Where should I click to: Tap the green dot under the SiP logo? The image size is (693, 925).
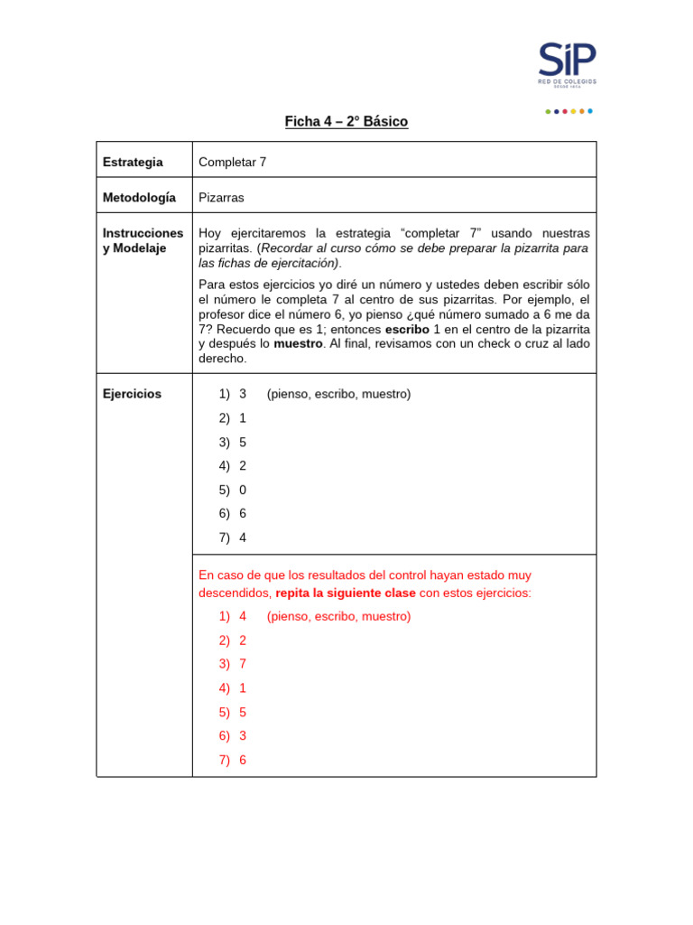pos(548,111)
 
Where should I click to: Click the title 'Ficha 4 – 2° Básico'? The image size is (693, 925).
pos(346,122)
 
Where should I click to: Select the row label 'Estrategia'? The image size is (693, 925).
pos(133,163)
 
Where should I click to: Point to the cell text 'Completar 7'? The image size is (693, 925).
pos(232,163)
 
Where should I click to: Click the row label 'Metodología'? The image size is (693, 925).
pos(139,197)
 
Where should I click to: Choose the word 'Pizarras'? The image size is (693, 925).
pos(221,197)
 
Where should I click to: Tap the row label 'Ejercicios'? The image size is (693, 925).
pos(132,394)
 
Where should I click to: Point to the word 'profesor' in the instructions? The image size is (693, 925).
pos(223,314)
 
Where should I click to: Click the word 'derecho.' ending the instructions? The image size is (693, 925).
pos(222,359)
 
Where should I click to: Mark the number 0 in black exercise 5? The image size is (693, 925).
pos(243,490)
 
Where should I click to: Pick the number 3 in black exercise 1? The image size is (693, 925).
pos(243,394)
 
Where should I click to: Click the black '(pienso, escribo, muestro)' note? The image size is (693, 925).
pos(338,394)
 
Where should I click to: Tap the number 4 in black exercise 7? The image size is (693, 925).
pos(243,537)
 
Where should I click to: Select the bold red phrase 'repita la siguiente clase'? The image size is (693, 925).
pos(346,593)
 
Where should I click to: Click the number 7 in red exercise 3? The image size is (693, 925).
pos(243,664)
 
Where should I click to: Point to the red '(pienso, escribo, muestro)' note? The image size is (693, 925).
pos(338,616)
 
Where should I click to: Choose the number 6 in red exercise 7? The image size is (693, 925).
pos(243,760)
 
